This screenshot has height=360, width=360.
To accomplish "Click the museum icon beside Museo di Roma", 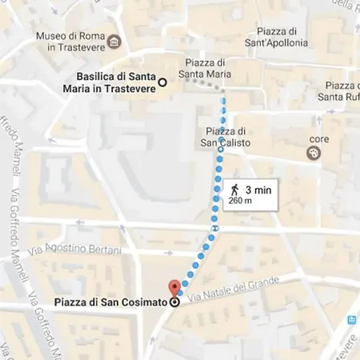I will pos(115,41).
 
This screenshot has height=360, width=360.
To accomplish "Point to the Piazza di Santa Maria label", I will pos(207,70).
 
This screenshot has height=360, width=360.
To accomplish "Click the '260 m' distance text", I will pos(240,201).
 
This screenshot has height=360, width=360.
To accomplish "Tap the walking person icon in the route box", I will pos(235,190).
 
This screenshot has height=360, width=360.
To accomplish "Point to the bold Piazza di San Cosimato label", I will pos(110,302).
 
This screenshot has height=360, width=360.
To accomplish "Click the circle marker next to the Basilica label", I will pos(162,82).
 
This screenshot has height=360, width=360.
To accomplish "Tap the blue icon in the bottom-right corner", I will pos(350,321).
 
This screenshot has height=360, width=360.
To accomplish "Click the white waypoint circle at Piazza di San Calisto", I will pos(221,149).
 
